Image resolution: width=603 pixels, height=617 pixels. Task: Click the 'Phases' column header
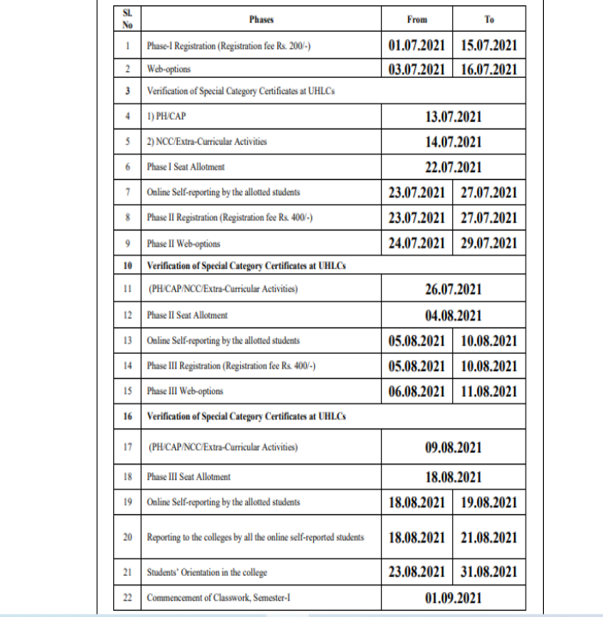click(x=261, y=18)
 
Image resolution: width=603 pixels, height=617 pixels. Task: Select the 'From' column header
click(x=417, y=18)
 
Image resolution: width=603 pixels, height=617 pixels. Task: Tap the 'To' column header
click(x=489, y=18)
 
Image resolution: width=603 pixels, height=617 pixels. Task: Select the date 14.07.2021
click(x=453, y=142)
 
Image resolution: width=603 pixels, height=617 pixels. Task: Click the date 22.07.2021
click(x=453, y=168)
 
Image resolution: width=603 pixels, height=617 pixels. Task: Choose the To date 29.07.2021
click(x=489, y=243)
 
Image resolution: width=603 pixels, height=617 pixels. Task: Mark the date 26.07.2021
click(x=453, y=290)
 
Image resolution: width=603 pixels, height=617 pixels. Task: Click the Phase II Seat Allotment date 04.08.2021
click(x=453, y=314)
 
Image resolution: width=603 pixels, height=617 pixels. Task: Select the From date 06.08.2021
click(x=417, y=391)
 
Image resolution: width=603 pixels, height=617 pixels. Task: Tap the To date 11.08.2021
click(x=489, y=391)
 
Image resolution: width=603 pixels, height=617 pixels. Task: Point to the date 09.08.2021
click(x=453, y=446)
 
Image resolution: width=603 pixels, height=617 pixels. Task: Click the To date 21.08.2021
click(x=489, y=538)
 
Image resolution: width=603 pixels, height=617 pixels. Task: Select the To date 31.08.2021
click(x=489, y=572)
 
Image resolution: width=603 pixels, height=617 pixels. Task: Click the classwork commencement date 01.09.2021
click(x=453, y=598)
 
